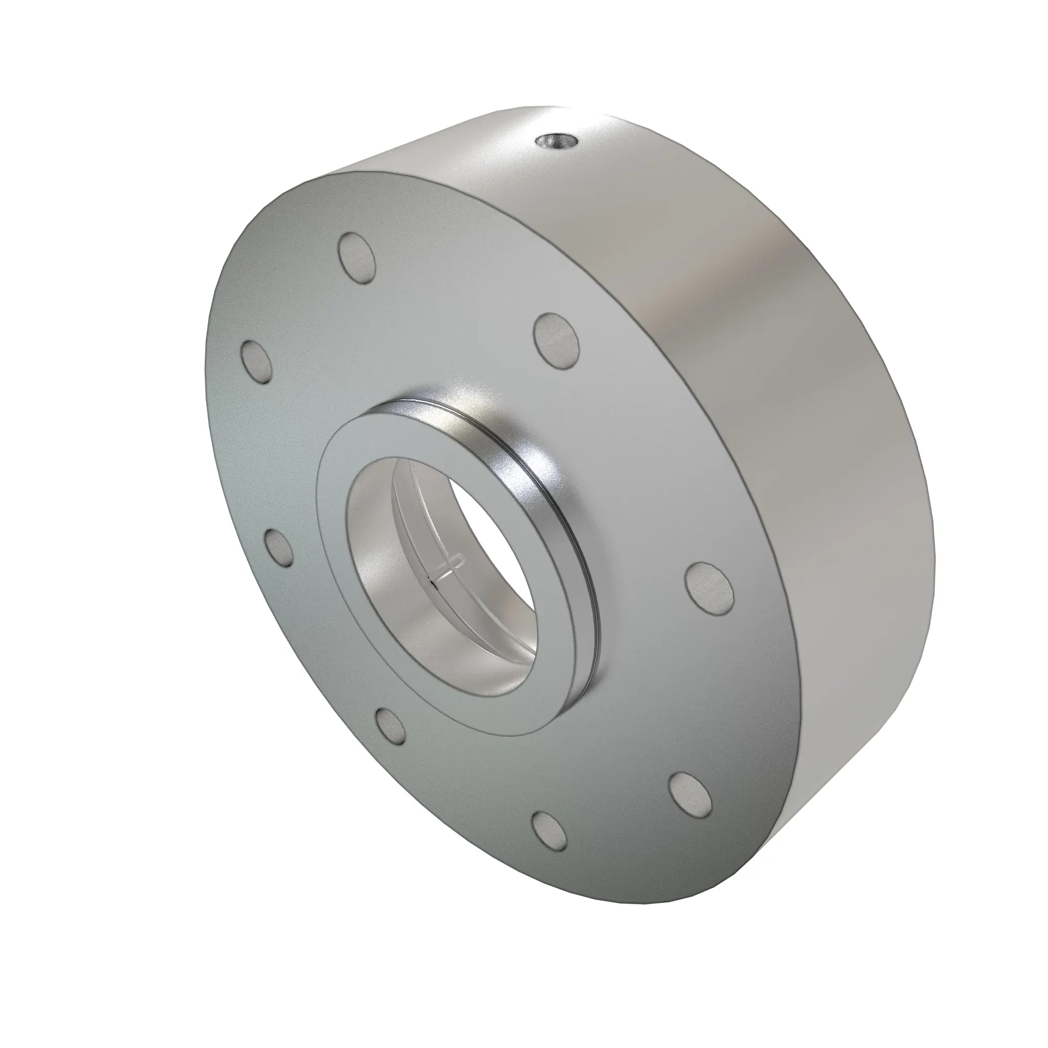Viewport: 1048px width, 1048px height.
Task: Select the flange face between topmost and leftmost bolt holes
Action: (x=293, y=304)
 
